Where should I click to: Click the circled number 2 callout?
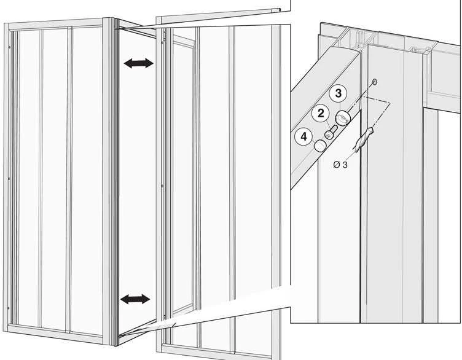(321, 114)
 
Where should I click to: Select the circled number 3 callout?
(339, 93)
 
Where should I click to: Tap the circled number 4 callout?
(303, 137)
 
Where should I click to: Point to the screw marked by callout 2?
(331, 132)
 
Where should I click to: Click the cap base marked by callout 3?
(343, 118)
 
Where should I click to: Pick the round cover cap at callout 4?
(320, 145)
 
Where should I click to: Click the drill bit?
(364, 139)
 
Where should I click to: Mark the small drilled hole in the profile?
(375, 82)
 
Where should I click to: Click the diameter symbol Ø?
(336, 165)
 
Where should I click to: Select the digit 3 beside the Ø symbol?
(345, 165)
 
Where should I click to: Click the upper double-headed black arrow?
(138, 63)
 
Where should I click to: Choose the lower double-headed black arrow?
(135, 299)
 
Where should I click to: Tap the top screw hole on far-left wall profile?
(10, 46)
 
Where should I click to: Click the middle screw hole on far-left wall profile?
(9, 179)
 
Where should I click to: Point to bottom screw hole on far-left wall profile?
(8, 308)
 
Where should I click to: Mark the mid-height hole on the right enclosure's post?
(162, 186)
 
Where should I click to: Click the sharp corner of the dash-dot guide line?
(390, 103)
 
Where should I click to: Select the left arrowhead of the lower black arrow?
(125, 299)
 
